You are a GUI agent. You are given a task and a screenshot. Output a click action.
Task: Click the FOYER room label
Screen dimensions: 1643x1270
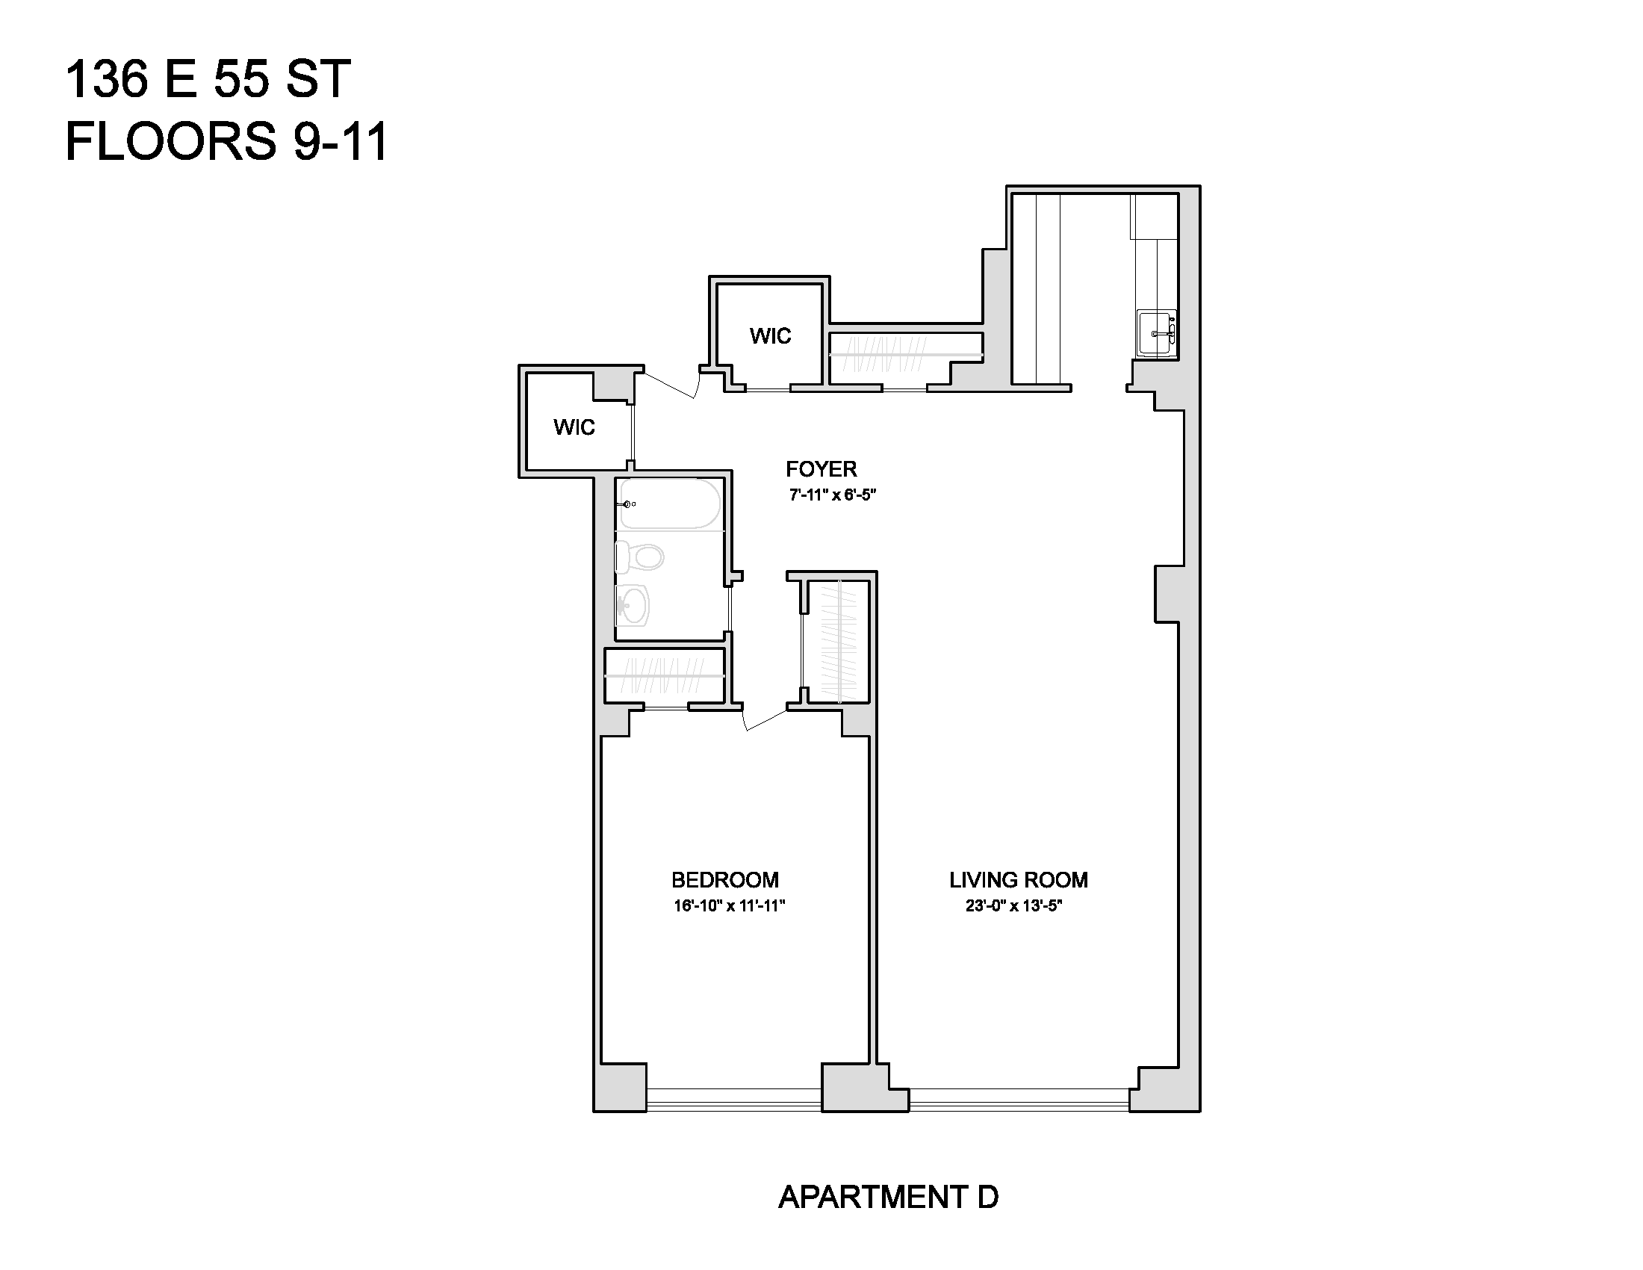[821, 469]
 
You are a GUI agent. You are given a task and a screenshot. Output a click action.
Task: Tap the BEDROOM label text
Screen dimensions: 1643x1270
[724, 879]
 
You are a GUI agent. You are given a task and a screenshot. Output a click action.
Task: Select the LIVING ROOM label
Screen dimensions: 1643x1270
[1019, 879]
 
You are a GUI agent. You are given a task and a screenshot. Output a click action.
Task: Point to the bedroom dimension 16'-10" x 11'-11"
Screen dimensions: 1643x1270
[729, 906]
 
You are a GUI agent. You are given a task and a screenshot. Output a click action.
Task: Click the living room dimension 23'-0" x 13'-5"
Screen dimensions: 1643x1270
[1013, 906]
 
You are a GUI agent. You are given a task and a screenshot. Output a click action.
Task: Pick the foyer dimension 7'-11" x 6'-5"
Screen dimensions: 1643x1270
[833, 495]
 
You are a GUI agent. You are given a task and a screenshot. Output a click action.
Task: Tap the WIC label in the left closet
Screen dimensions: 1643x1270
[574, 427]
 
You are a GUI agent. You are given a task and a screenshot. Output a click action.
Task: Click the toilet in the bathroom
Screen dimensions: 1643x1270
[639, 557]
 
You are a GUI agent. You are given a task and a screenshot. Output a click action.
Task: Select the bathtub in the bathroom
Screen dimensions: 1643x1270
[669, 504]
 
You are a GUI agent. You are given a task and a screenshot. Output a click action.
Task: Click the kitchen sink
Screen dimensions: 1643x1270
[1156, 333]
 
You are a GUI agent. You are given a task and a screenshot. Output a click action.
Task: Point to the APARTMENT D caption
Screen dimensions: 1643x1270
[888, 1197]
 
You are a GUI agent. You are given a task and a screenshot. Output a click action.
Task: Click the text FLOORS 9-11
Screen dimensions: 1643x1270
[226, 141]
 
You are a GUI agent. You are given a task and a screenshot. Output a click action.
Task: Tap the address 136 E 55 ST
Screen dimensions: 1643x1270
[208, 78]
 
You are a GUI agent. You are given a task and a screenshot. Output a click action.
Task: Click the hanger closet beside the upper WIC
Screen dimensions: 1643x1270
[906, 354]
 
